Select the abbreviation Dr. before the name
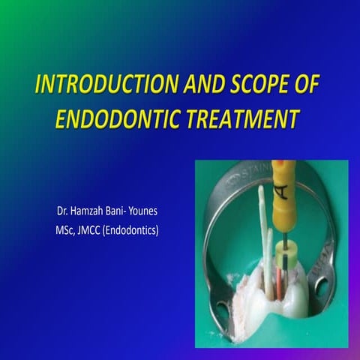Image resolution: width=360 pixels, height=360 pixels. pos(62,207)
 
